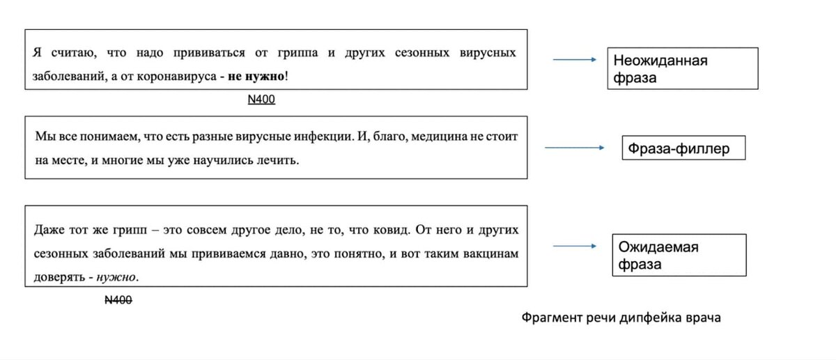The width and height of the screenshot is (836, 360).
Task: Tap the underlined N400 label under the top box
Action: coord(261,100)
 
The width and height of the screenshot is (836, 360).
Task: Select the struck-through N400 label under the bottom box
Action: coord(118,300)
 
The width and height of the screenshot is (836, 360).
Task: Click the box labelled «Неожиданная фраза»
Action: coord(682,68)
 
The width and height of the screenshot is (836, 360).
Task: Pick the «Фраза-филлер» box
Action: coord(683,148)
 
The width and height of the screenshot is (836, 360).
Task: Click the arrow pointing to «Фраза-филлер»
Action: coord(574,148)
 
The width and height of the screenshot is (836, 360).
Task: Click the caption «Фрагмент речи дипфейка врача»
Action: coord(621,318)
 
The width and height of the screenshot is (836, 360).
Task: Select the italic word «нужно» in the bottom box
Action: coord(116,277)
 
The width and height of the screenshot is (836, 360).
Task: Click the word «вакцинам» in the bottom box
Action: coord(490,254)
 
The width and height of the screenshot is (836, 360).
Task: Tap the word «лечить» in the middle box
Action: coord(281,161)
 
